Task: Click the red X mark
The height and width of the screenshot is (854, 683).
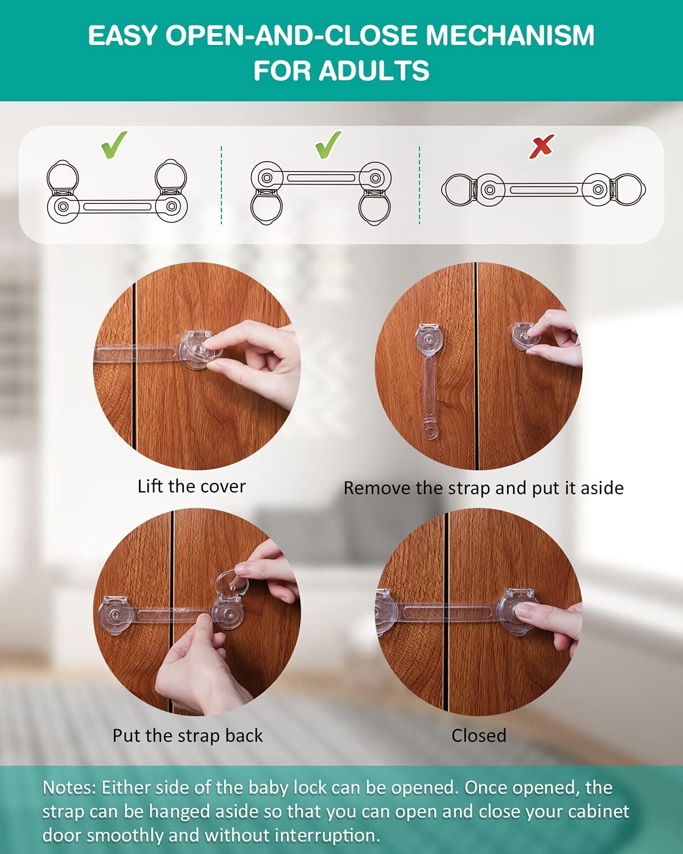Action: coord(541,146)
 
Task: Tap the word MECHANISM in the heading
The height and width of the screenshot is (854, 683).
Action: coord(510,36)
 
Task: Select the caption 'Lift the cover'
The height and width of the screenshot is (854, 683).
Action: coord(191,486)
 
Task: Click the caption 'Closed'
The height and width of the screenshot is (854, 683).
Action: coord(479,736)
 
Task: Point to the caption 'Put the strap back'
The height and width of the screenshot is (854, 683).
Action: coord(187,736)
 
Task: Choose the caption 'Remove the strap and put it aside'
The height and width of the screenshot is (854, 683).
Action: coord(483,488)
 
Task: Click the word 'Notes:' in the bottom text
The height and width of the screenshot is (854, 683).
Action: coord(69,788)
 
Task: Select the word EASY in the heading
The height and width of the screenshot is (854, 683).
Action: coord(122,36)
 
